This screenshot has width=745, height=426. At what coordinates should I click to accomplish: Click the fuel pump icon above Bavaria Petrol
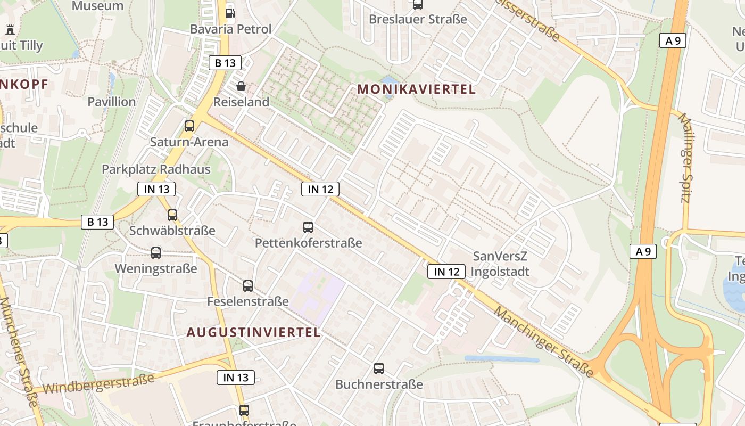coord(230,12)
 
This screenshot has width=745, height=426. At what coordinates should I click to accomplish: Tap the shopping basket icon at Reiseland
coord(241,86)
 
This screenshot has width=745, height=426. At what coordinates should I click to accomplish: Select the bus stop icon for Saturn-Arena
coord(189,126)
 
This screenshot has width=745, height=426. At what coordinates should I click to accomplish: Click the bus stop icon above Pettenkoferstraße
coord(308,227)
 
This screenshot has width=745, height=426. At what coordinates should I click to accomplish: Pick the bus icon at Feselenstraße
coord(248,286)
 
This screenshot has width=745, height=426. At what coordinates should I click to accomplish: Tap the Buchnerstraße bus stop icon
coord(379,368)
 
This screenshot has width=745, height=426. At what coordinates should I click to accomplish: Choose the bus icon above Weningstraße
coord(156,253)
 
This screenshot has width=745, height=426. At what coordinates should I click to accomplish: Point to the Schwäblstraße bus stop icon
coord(172,215)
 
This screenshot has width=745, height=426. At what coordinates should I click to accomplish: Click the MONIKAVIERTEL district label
coord(417,89)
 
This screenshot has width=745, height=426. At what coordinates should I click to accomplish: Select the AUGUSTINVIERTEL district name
coord(254,333)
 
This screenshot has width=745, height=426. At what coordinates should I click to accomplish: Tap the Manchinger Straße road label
coord(543,341)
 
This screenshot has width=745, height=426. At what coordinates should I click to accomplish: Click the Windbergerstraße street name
coord(98,383)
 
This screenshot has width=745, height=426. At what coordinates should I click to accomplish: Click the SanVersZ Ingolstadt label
coord(501,264)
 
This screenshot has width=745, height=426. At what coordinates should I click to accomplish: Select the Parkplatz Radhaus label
coord(156,169)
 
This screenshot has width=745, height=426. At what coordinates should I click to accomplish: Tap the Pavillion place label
coord(112,102)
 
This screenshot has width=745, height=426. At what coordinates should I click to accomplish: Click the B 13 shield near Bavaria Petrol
coord(225,63)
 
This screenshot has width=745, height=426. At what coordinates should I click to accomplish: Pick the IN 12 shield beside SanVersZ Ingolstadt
coord(446,272)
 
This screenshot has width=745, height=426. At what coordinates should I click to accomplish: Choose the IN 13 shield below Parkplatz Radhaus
coord(156,189)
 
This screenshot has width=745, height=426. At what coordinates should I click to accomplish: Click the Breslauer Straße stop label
coord(418,19)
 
